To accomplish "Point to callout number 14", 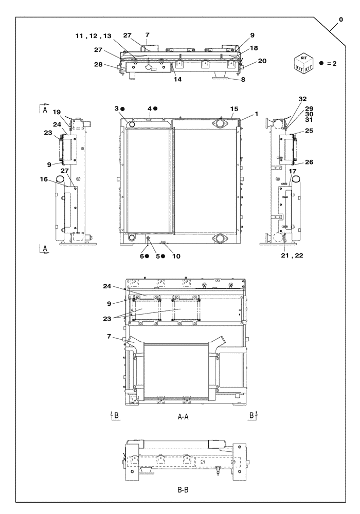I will [178, 80].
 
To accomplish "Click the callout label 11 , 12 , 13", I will [93, 36].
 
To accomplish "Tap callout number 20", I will [262, 61].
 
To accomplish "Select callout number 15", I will [235, 109].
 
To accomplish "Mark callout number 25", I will [309, 131].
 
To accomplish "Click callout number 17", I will [293, 172].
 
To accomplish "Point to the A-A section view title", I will [183, 417].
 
